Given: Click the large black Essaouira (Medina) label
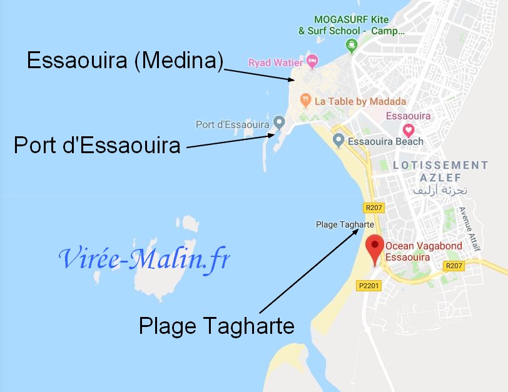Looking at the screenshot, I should point(124,61).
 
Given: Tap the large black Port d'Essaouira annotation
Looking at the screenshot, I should point(97,146).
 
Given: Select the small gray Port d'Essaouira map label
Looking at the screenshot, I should point(232,124).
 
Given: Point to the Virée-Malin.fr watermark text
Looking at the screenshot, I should point(145,258).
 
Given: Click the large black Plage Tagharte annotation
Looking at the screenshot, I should point(216,325).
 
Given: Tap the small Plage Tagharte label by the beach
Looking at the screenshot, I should point(345,224).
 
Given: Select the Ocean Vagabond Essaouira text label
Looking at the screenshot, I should point(424,251).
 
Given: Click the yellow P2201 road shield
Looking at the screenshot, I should point(369,286).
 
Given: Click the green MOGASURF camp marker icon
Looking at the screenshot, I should point(352,45).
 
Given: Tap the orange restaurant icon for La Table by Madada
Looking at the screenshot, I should point(305,99).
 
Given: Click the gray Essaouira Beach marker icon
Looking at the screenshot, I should point(338,140).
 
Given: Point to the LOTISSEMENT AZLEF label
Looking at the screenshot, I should point(439,171).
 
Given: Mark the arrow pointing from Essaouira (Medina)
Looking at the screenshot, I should point(257,74).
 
